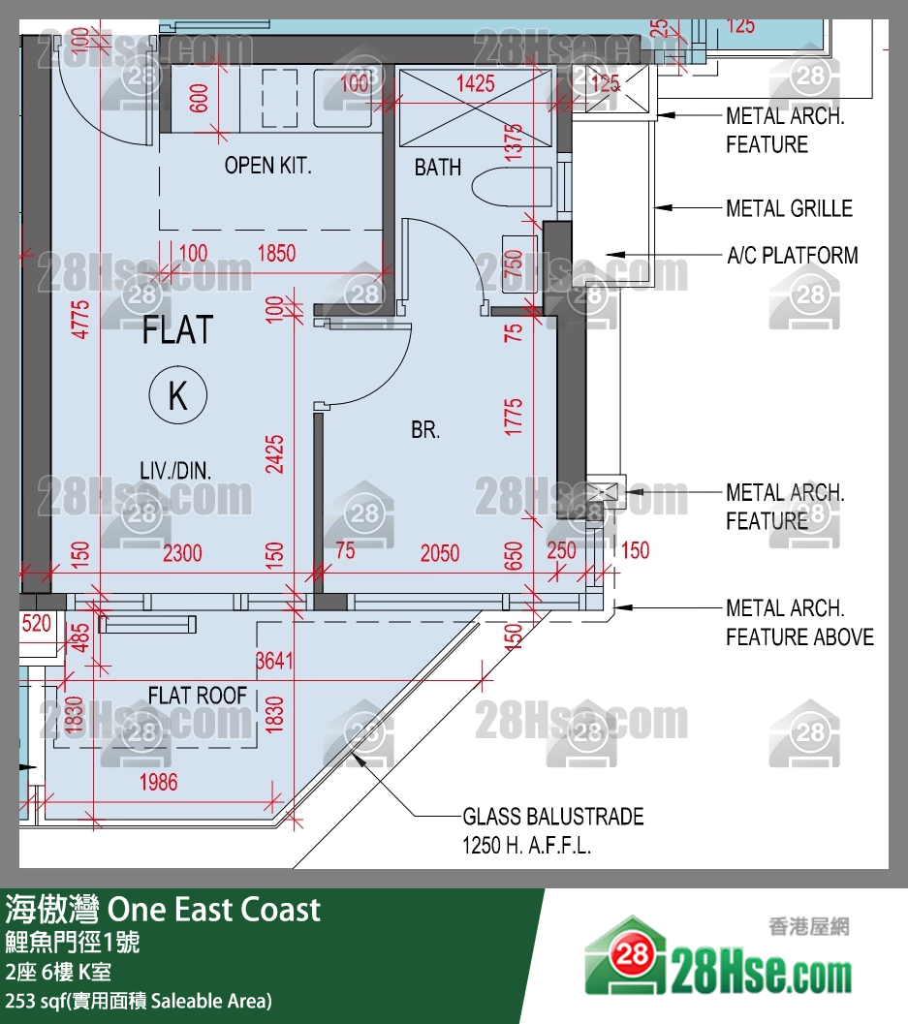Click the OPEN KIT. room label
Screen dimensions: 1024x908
(268, 166)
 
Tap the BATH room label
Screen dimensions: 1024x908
(438, 168)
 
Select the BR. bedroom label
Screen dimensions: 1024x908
(425, 430)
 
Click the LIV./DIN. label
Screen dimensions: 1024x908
(175, 472)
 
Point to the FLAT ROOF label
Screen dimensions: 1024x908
(197, 696)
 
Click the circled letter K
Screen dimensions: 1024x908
(178, 395)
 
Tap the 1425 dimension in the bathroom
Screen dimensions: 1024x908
(475, 83)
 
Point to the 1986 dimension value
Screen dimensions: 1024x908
(158, 782)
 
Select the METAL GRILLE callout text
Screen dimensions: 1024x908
(789, 208)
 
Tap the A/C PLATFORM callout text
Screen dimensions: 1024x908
(792, 256)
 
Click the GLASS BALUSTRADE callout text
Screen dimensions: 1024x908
(552, 817)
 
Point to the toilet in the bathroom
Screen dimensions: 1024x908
(502, 188)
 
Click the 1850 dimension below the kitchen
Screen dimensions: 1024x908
(276, 254)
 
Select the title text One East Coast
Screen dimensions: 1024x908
(213, 910)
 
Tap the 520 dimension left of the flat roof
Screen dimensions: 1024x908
(36, 624)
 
